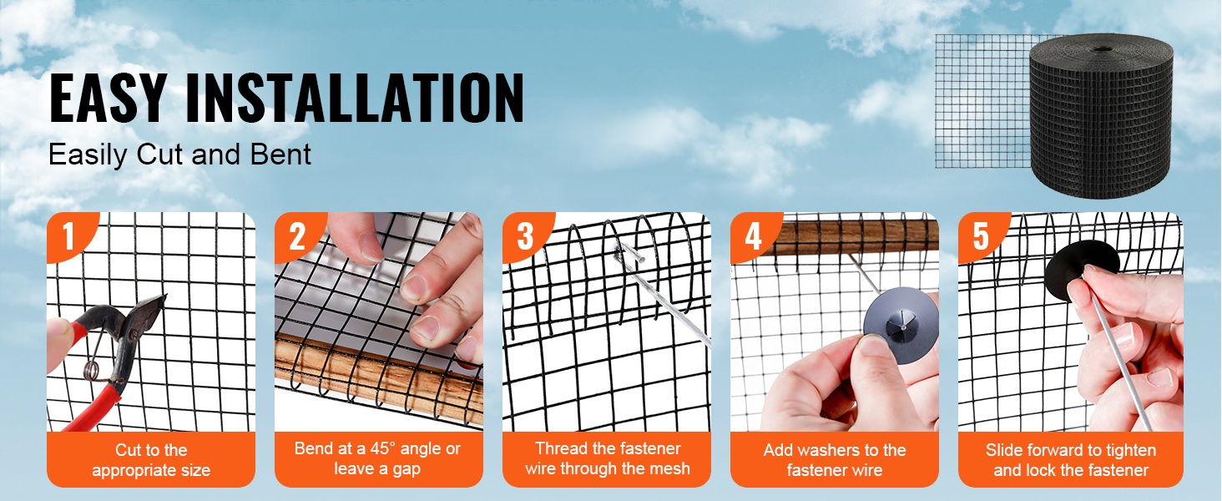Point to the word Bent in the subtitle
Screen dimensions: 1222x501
[280, 154]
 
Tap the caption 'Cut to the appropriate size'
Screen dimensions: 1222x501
[151, 459]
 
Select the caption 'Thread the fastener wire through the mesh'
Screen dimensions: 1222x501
[607, 458]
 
